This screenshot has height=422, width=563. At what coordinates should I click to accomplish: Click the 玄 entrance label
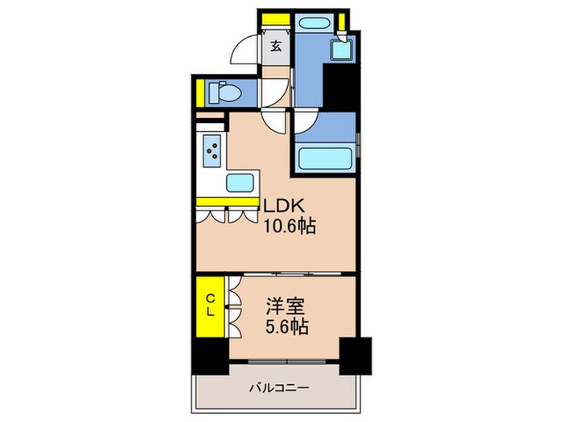275,47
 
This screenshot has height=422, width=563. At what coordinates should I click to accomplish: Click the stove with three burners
213,150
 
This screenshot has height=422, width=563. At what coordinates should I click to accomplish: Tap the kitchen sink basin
240,183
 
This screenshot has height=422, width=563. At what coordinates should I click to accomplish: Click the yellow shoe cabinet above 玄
276,19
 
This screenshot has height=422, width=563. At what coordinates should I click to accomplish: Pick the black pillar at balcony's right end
355,352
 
